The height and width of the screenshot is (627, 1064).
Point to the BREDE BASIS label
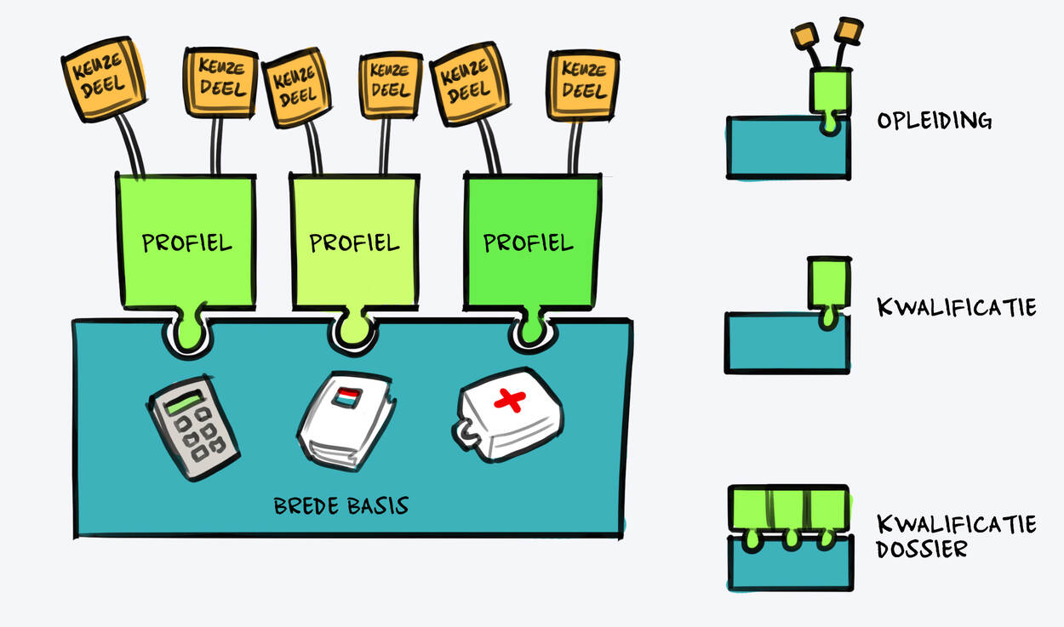pos(340,506)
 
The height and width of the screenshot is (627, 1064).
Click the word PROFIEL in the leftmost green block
pos(186,243)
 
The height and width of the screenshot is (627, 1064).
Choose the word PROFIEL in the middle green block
pos(354,243)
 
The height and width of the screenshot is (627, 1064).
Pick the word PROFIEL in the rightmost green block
pos(528,243)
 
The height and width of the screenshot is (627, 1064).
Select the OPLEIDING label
pos(935,121)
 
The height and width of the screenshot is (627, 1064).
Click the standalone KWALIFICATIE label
pos(956,307)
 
